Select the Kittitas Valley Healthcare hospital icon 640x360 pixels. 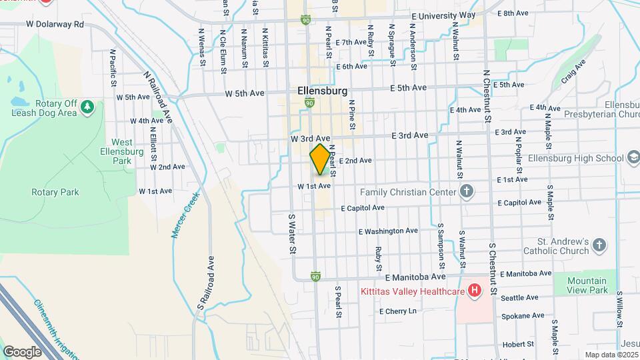[x=474, y=291]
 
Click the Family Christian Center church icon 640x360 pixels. [x=467, y=192]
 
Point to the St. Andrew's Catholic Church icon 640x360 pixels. [x=599, y=245]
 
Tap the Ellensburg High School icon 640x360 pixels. [x=633, y=158]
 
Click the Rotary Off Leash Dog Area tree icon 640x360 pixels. [x=87, y=107]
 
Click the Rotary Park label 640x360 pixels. [x=55, y=192]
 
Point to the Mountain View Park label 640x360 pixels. [x=587, y=285]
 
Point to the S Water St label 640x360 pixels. [x=291, y=234]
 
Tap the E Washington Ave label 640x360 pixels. [x=388, y=231]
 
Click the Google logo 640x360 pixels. [x=22, y=351]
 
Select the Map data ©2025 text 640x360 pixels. [x=611, y=354]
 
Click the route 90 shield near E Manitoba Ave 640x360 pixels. [x=315, y=276]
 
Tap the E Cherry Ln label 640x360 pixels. [x=397, y=311]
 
